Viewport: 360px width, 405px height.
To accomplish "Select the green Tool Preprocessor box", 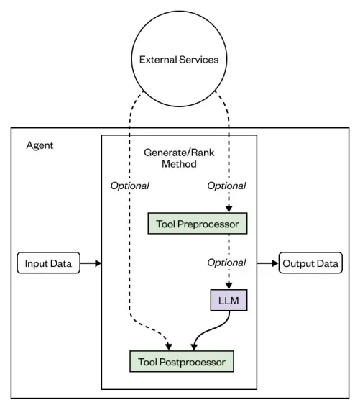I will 197,224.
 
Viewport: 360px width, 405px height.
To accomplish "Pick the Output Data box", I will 310,263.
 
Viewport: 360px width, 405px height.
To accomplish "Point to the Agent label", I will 40,145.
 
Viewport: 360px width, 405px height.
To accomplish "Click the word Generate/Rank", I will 179,153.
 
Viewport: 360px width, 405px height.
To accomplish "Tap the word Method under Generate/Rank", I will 179,164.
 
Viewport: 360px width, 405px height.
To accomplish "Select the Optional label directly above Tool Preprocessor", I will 226,186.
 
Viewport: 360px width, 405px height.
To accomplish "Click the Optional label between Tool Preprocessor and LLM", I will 226,263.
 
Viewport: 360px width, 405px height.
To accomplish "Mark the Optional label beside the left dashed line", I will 129,186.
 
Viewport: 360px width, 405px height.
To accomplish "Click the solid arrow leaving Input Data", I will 89,263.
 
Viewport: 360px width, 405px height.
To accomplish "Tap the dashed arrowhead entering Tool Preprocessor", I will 228,209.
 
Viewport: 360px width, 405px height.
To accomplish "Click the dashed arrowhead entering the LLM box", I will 228,286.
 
